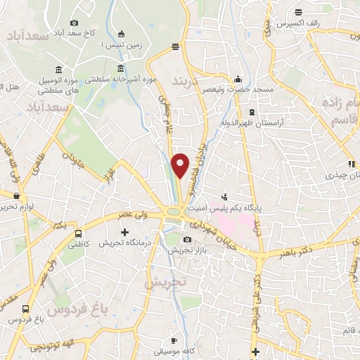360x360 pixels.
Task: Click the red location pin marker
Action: pyautogui.click(x=181, y=166)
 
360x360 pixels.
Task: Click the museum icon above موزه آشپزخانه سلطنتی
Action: pyautogui.click(x=122, y=69)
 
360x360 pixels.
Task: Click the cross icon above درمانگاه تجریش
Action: pyautogui.click(x=126, y=231)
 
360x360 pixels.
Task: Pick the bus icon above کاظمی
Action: pyautogui.click(x=77, y=233)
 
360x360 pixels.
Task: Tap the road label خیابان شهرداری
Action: pyautogui.click(x=213, y=233)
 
